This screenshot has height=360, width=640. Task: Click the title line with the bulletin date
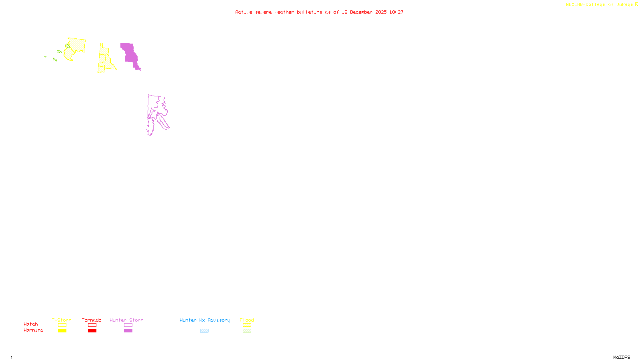tap(319, 12)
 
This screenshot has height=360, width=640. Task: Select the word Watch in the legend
tap(31, 324)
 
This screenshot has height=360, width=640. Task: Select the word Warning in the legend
tap(33, 330)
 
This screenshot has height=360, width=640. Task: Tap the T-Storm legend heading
tap(62, 320)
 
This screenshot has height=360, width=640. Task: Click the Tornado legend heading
tap(92, 320)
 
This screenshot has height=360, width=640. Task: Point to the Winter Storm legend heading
tap(126, 320)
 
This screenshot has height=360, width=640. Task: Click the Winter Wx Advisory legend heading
tap(205, 320)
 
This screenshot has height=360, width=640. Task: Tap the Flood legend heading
tap(247, 320)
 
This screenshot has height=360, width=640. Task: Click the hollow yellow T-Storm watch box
tap(62, 325)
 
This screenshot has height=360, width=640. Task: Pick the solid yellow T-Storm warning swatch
tap(62, 331)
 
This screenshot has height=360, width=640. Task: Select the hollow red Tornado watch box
tap(92, 325)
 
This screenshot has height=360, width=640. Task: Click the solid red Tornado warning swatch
tap(92, 331)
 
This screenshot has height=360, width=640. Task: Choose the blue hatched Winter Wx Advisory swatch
tap(204, 331)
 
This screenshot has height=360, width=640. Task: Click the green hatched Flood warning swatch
tap(247, 331)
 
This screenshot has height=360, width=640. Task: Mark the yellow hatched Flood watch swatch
tap(247, 325)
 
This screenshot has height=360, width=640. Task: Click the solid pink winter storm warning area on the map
tap(130, 54)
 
